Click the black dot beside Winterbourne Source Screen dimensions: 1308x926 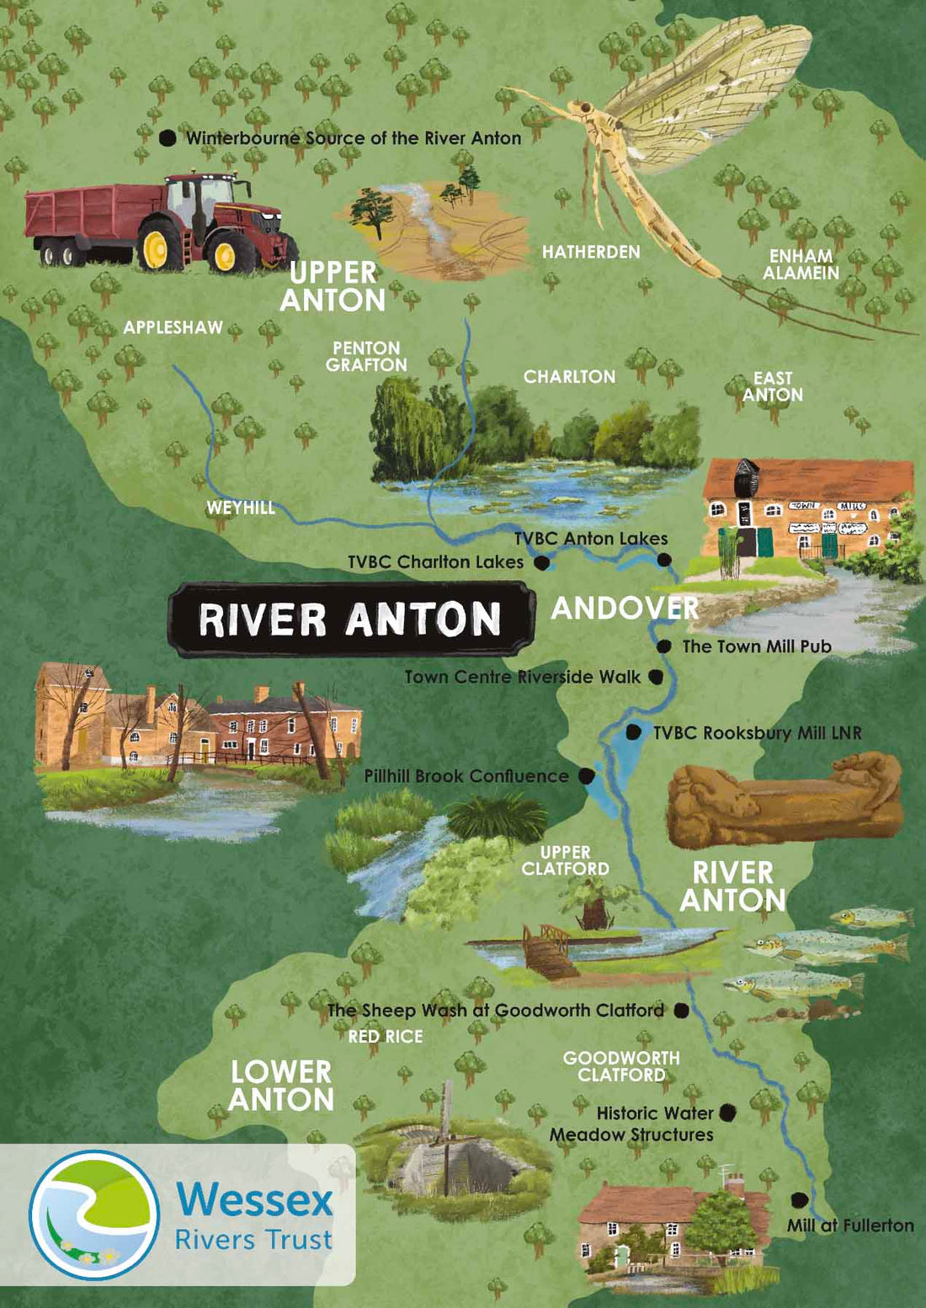click(168, 137)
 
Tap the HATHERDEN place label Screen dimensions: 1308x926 click(591, 252)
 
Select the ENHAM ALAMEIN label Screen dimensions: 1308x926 click(801, 264)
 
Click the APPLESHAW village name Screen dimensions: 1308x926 click(173, 327)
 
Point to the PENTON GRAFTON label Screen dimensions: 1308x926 click(366, 356)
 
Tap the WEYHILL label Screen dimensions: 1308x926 click(241, 508)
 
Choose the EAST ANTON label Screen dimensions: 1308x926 click(772, 386)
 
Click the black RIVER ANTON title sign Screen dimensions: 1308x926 click(350, 619)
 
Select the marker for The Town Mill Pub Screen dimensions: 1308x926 click(663, 646)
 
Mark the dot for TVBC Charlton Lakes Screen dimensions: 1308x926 click(541, 561)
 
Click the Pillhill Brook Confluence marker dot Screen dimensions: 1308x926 click(586, 776)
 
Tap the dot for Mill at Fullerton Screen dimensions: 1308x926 click(799, 1200)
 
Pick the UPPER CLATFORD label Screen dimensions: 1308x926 click(565, 860)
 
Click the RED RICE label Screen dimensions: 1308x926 click(386, 1037)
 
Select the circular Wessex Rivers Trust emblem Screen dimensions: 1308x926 click(94, 1215)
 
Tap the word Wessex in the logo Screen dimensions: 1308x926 click(254, 1199)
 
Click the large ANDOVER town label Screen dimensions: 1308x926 click(625, 608)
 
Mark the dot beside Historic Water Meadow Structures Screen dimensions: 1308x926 click(727, 1113)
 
